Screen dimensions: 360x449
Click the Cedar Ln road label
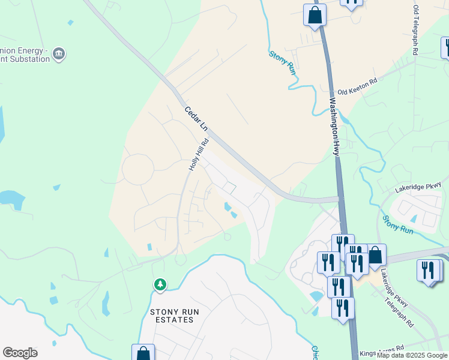[196, 119]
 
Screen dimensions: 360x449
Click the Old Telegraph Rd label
[415, 31]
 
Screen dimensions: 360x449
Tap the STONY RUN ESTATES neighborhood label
[172, 316]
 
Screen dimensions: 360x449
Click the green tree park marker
[160, 284]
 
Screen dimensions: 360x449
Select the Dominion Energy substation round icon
[59, 55]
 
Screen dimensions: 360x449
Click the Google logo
[20, 353]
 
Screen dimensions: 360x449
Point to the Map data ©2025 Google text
[412, 355]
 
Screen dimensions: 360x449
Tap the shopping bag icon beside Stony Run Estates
[143, 353]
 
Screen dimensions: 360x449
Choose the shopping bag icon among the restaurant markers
[375, 254]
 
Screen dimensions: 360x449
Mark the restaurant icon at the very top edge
[351, 2]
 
